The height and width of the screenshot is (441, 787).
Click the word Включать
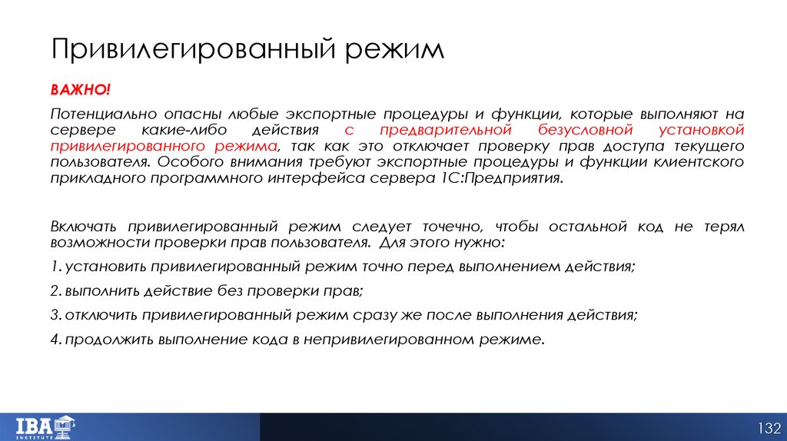83,227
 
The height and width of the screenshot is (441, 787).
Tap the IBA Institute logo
45,425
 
